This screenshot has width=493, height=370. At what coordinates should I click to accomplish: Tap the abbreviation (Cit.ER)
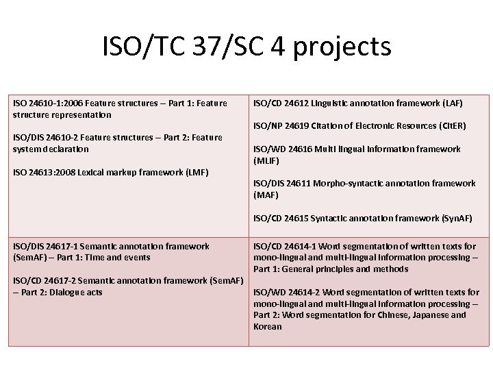click(450, 125)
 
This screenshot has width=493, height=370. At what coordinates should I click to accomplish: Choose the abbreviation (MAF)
click(266, 195)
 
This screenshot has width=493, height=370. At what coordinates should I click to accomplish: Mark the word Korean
click(267, 326)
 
